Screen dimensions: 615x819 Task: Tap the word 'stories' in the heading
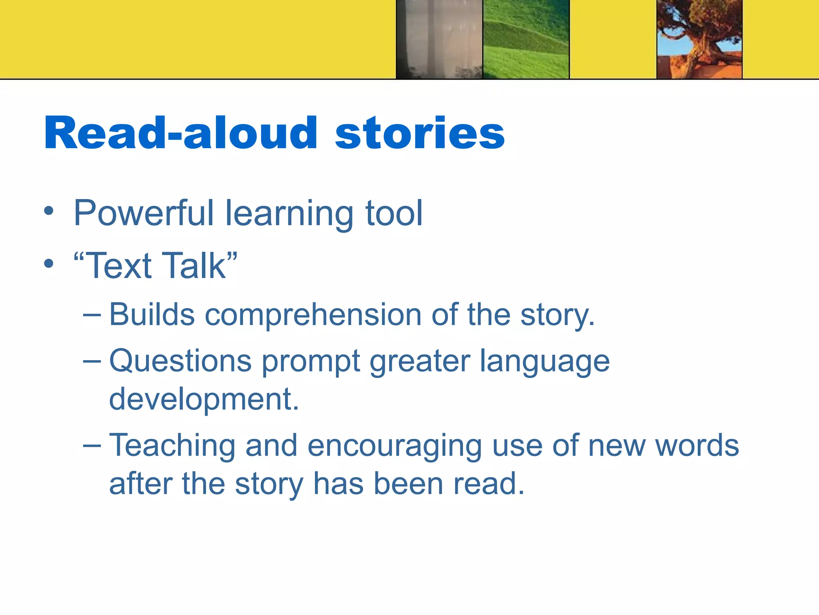(420, 133)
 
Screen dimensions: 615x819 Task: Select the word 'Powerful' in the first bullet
(144, 213)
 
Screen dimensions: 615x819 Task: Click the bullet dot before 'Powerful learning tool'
(49, 211)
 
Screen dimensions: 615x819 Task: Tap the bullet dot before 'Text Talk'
(49, 264)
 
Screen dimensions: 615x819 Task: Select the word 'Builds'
(152, 315)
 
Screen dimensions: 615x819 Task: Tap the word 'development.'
(204, 400)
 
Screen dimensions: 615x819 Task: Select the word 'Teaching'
(172, 445)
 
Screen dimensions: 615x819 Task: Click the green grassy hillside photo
(526, 39)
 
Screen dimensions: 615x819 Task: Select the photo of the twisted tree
(699, 39)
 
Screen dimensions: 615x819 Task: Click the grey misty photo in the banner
(439, 39)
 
